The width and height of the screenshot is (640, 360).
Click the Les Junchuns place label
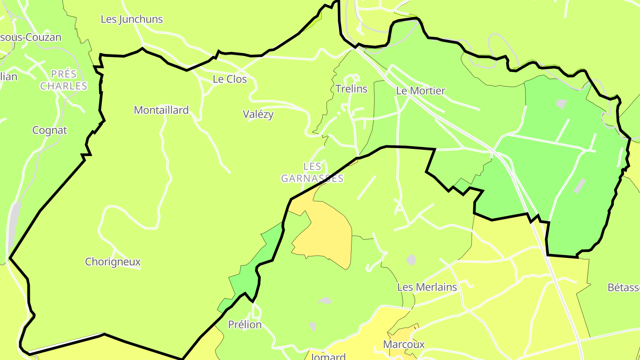[132, 20]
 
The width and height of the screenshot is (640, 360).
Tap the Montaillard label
[161, 110]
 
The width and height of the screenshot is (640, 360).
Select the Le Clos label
[229, 80]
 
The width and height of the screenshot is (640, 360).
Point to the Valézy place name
[258, 114]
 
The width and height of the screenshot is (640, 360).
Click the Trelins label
[352, 89]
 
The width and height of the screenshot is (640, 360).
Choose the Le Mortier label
[420, 91]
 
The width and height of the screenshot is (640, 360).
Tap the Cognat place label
[50, 131]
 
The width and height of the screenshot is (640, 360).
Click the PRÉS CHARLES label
[64, 80]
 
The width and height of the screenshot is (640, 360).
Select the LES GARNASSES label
[312, 172]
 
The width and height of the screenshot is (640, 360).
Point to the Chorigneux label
[113, 262]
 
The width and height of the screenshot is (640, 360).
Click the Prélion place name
[245, 325]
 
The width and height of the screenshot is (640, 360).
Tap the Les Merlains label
[427, 288]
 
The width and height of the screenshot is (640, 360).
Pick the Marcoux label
[404, 344]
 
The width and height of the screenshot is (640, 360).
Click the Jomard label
[328, 356]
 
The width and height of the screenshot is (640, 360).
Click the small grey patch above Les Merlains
[412, 260]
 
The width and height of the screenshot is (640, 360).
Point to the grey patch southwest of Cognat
[15, 218]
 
